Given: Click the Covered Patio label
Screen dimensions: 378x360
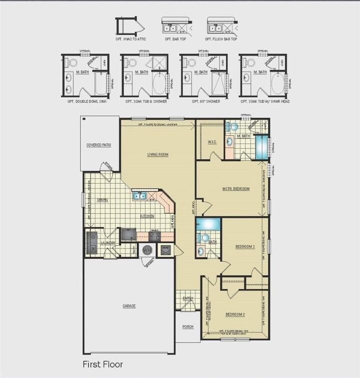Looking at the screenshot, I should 98,145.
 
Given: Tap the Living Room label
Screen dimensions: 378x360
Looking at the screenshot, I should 157,155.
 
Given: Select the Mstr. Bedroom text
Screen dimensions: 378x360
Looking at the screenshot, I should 236,189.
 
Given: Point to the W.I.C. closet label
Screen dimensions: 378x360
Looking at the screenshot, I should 211,142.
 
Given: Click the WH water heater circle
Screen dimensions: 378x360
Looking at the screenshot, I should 147,250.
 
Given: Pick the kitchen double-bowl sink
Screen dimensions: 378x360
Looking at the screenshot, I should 139,196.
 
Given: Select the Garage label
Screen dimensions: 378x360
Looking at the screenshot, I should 129,306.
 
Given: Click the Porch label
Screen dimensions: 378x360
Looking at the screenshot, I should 187,328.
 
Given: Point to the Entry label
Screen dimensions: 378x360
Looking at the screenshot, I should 187,299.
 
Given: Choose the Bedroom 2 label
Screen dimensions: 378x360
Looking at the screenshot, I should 234,315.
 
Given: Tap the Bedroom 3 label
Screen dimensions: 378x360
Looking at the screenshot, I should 245,247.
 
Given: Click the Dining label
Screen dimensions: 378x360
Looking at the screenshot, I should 102,200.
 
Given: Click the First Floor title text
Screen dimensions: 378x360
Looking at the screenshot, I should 102,365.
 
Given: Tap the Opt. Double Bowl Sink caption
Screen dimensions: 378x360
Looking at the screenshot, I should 84,101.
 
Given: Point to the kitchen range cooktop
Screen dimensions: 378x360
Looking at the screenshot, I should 155,236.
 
